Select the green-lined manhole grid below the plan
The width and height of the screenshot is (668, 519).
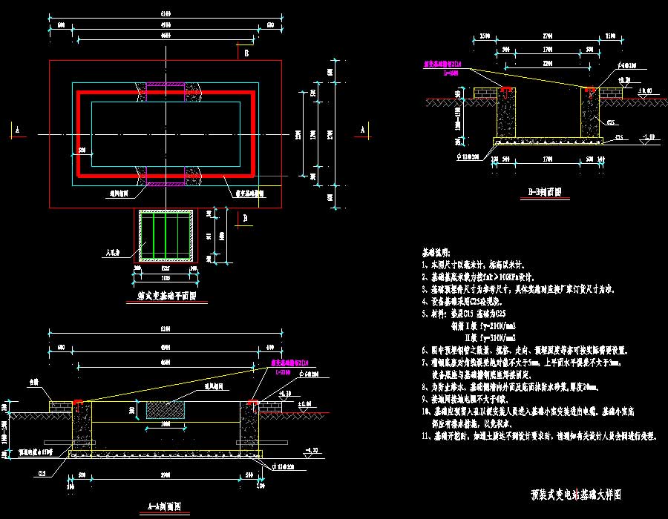(x=168, y=235)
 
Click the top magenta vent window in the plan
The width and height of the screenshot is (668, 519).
(x=160, y=87)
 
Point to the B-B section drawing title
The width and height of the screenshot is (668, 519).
(x=544, y=191)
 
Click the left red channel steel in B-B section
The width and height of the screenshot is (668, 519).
(x=507, y=91)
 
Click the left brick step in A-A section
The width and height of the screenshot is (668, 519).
(x=59, y=406)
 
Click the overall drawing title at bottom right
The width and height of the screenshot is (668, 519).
(x=576, y=493)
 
